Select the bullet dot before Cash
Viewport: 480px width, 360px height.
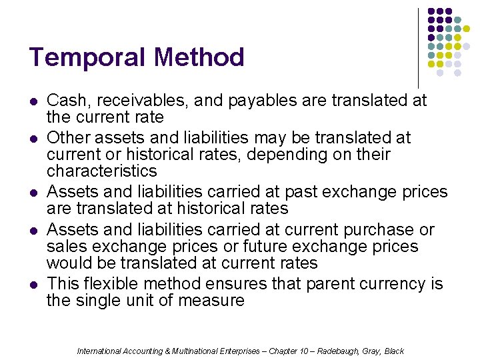click(x=33, y=101)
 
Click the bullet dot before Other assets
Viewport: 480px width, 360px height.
click(x=33, y=139)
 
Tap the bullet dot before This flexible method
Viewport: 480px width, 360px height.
click(x=33, y=285)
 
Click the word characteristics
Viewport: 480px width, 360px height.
click(x=101, y=171)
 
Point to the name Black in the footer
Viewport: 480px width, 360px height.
click(x=394, y=351)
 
